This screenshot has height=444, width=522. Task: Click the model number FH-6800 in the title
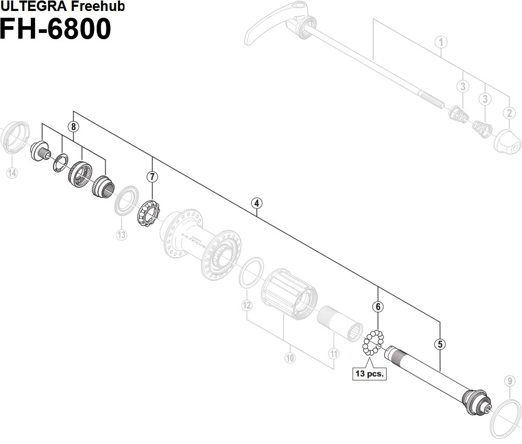coord(55,30)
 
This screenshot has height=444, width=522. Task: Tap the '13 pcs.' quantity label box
coord(370,374)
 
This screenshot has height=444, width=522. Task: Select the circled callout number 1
coord(441,42)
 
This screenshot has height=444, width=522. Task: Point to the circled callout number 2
coord(509,112)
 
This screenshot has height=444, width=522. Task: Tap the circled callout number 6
coord(377,307)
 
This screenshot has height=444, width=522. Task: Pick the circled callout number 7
coord(152,177)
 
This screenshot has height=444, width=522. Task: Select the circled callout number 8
coord(74,126)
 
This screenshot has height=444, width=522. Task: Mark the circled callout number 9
coord(509,381)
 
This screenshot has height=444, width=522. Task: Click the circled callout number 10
coord(290,358)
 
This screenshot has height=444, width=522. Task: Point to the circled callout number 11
coord(334,354)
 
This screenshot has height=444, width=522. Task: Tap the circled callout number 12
coord(247,305)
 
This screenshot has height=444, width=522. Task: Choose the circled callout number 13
coord(121,235)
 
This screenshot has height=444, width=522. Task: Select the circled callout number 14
coord(11,173)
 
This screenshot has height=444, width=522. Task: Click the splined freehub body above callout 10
coord(290,295)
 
